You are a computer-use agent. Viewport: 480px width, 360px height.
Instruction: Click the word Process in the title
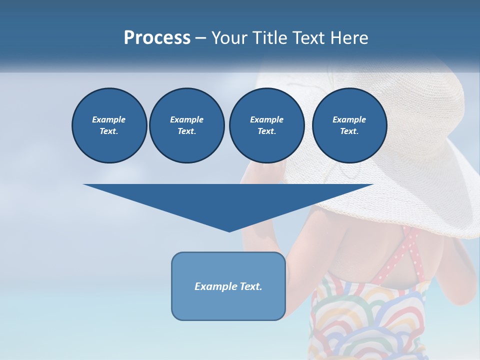157,37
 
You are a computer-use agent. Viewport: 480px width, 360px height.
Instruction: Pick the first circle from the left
109,125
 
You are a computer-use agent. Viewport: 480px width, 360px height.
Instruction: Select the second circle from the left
186,125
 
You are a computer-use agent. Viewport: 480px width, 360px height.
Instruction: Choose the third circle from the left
266,125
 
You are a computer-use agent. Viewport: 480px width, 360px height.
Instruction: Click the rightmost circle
349,125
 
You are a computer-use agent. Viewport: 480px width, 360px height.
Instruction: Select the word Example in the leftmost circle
109,119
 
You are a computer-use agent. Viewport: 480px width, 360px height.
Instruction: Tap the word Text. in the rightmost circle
349,131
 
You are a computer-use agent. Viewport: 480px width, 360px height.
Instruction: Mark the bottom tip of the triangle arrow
229,230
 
